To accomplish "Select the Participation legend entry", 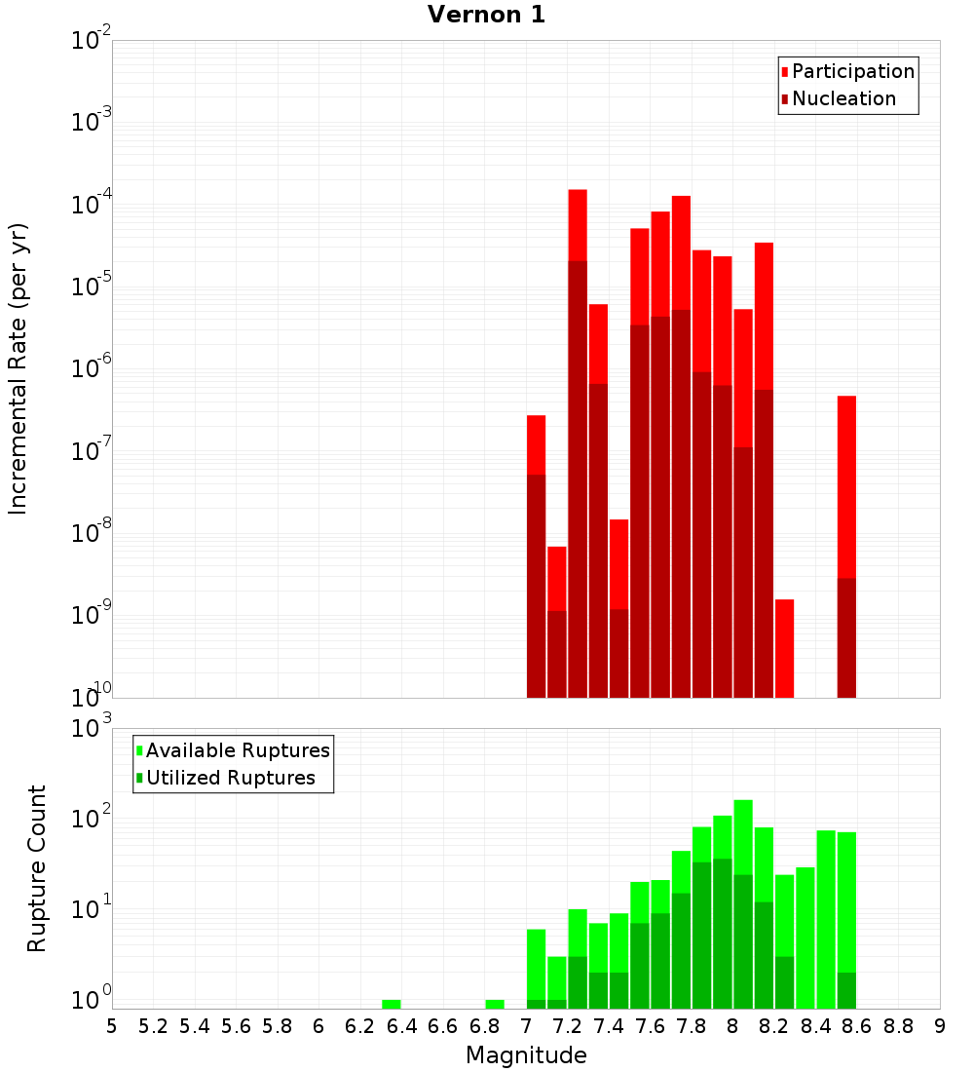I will click(853, 71).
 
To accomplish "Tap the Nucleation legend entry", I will click(843, 98).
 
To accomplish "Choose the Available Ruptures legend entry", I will click(238, 750).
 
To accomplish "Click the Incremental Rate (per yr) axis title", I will click(18, 368).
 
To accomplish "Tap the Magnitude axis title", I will click(526, 1055).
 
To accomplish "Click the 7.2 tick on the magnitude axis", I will click(567, 1026).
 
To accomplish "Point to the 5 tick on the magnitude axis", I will click(112, 1026).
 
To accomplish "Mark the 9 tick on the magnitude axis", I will click(940, 1026).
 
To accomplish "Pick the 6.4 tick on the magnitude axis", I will click(401, 1026).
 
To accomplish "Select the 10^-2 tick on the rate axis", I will click(92, 42).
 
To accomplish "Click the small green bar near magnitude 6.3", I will click(392, 1004).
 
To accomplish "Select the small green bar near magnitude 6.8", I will click(495, 1004).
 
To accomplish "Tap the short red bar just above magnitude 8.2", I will click(784, 648).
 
